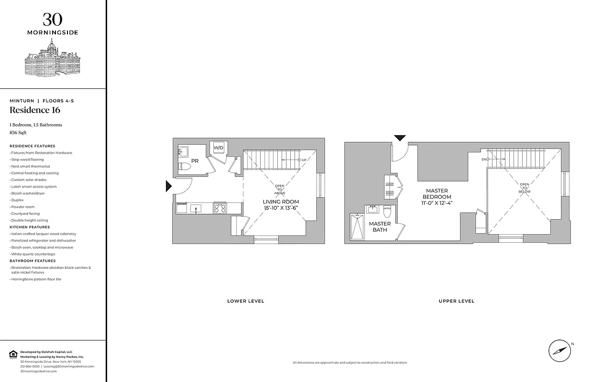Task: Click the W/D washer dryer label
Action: pos(219,148)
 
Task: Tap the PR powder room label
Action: pos(195,161)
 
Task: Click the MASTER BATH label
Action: pos(380,227)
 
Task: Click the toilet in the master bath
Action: pos(387,211)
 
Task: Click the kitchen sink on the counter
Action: pos(196,208)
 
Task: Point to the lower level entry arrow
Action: pos(168,186)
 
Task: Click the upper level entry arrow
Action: pos(399,138)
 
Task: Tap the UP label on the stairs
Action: pos(303,159)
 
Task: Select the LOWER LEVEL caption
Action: pos(246,301)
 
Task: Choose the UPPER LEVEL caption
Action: pos(457,301)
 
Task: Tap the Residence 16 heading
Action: pos(35,110)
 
